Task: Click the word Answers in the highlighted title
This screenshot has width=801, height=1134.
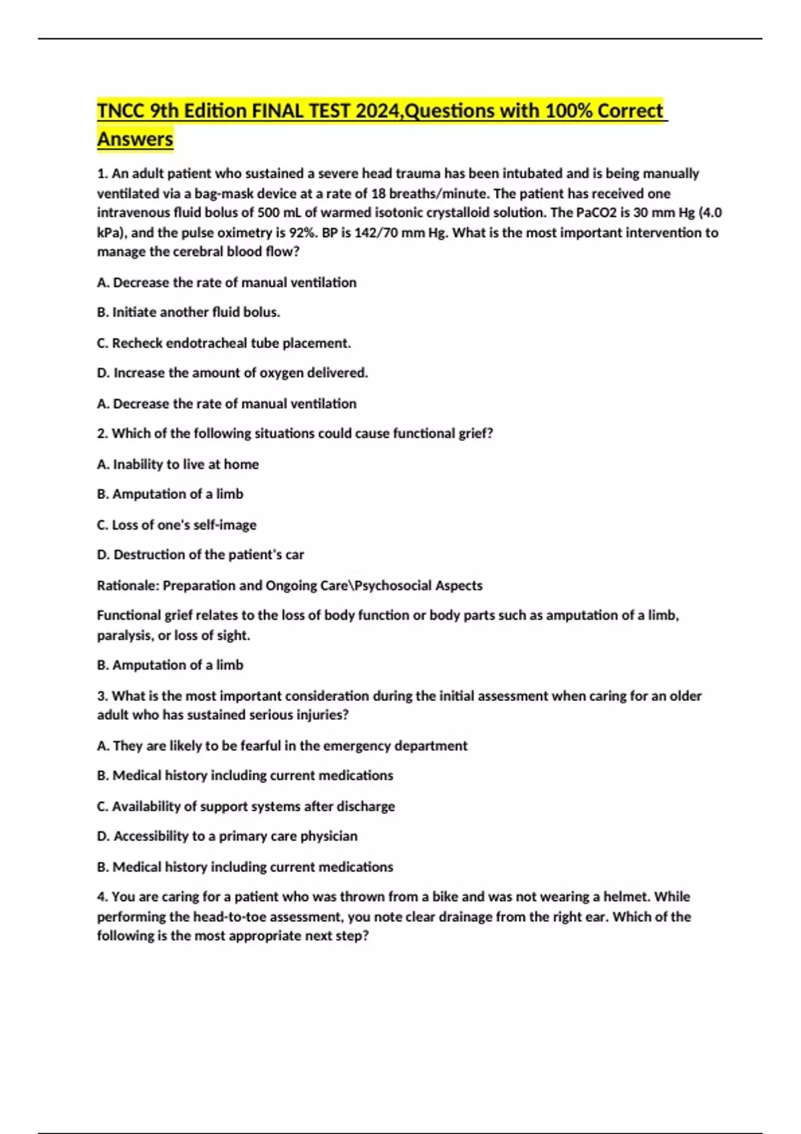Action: (135, 139)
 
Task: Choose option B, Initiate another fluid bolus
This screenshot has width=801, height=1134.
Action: (188, 312)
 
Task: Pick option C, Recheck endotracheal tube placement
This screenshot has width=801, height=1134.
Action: (224, 343)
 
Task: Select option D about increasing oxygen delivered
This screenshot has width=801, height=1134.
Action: (232, 372)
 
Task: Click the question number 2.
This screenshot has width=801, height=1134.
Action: (102, 433)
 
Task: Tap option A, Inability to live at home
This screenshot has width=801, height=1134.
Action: (178, 464)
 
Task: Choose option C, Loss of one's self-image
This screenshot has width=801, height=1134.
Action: (176, 524)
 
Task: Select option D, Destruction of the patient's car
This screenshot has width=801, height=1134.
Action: (200, 554)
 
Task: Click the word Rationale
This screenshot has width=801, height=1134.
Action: (127, 585)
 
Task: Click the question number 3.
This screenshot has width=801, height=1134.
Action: (102, 696)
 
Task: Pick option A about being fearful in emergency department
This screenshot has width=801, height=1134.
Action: (282, 745)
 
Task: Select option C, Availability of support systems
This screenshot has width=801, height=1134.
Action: (246, 806)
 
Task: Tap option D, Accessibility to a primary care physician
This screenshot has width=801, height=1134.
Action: (227, 836)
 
